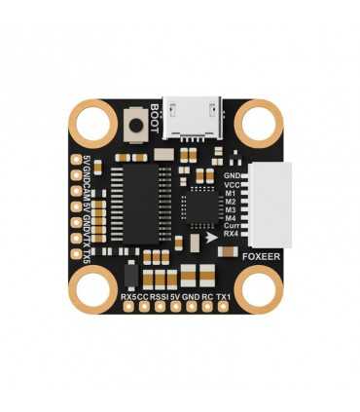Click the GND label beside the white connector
click(231, 172)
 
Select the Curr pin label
click(230, 225)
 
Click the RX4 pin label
click(231, 235)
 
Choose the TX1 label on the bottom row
click(224, 295)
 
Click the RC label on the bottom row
click(206, 295)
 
